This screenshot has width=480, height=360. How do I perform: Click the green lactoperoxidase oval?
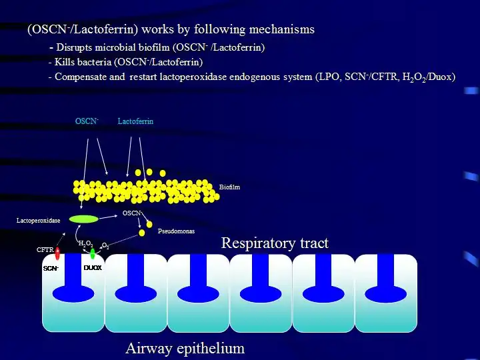[x=83, y=219]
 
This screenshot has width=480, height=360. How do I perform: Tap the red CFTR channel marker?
[x=57, y=253]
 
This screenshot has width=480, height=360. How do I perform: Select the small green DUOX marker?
[x=92, y=253]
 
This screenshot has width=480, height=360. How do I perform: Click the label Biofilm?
[x=229, y=187]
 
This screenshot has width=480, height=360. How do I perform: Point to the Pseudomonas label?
[x=176, y=231]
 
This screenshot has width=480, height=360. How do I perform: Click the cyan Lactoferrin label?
[x=135, y=121]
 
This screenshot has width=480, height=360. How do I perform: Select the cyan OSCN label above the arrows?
[x=87, y=121]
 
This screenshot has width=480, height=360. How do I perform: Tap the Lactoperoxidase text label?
[x=38, y=220]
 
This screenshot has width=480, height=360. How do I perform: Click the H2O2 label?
[x=85, y=244]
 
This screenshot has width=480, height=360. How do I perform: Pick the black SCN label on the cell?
[x=51, y=268]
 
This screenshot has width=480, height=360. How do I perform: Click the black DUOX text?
[x=92, y=268]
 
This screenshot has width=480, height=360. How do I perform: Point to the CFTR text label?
[x=45, y=249]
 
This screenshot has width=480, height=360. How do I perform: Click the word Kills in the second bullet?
[x=65, y=62]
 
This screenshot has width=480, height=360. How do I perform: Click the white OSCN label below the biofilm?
[x=132, y=213]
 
